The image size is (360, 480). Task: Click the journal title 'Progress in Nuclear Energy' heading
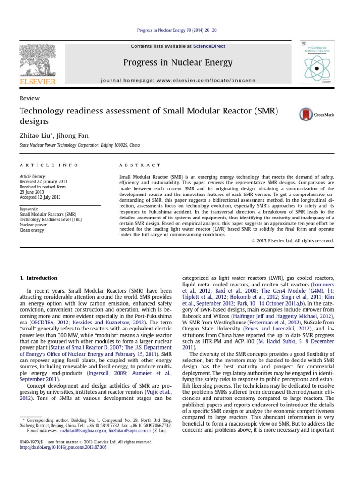point(177,62)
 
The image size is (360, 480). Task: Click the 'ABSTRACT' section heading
point(140,165)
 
